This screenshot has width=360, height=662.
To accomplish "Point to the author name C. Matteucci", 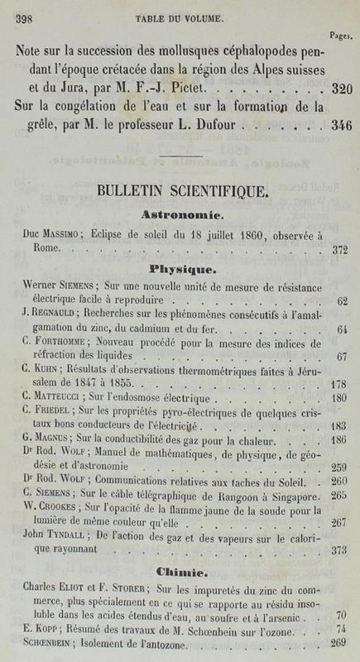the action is coord(49,397).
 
